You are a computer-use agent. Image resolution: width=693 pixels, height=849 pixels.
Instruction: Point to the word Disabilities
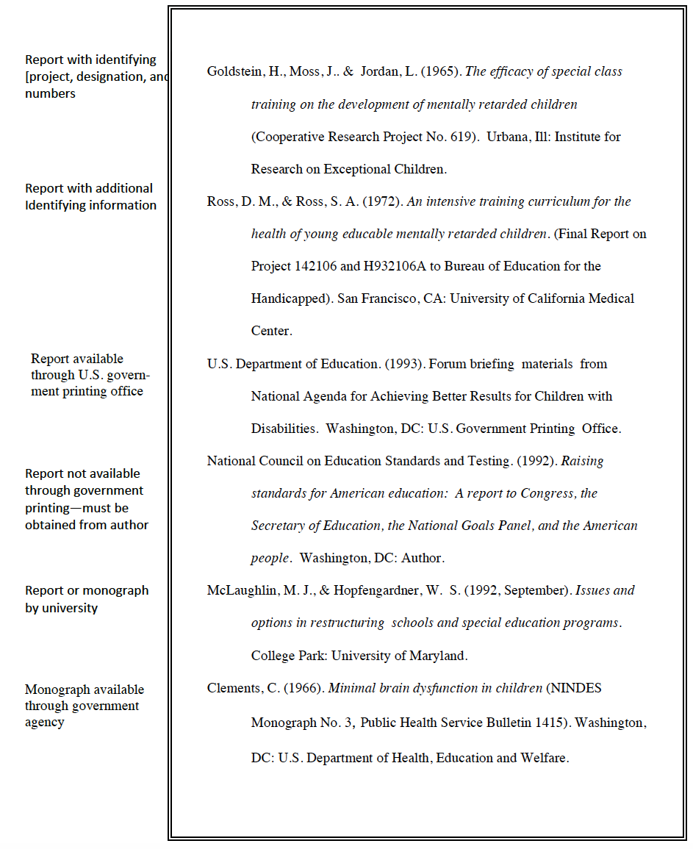click(283, 429)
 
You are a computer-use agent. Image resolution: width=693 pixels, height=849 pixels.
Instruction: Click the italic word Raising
click(582, 461)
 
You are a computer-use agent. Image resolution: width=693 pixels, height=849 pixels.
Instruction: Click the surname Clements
click(233, 689)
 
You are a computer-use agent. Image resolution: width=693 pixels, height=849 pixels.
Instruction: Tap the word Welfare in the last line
click(544, 758)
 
